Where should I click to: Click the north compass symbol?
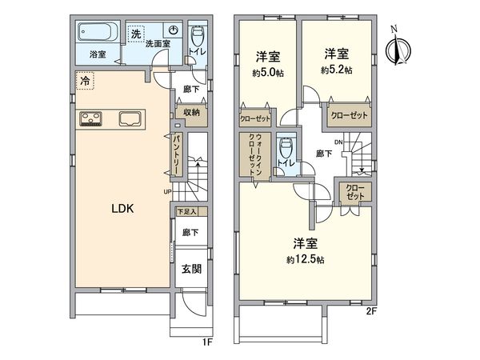coord(393,48)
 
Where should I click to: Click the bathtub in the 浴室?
coord(98,34)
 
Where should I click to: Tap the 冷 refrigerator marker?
coord(85,79)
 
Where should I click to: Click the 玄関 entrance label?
coord(190,270)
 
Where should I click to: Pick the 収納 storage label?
coord(190,113)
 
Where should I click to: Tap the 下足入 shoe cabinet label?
coord(186,212)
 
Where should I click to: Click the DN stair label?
coord(338,143)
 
